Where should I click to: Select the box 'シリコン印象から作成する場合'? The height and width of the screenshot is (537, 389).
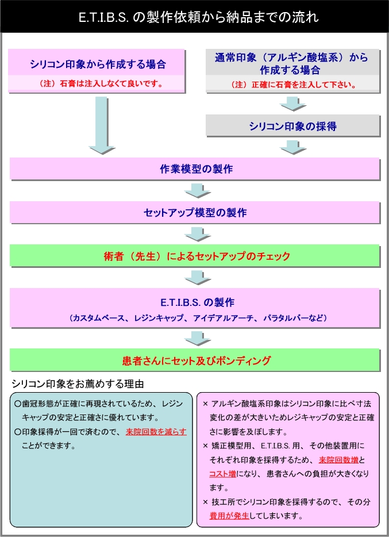click(97, 64)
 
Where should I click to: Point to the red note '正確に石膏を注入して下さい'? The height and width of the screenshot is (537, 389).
click(293, 85)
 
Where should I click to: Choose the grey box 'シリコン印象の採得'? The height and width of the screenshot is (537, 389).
click(292, 126)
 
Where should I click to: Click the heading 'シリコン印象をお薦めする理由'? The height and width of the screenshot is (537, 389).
click(78, 383)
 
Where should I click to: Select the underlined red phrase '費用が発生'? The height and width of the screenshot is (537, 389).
click(229, 515)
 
